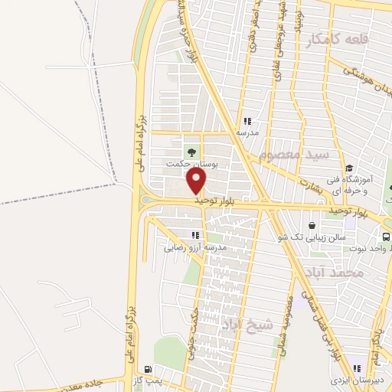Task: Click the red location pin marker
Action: (x=197, y=181)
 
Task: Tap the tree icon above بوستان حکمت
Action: (x=191, y=150)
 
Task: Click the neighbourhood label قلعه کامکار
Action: (x=330, y=40)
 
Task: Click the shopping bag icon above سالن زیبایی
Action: (x=313, y=226)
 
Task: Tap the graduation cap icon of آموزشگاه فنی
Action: (x=350, y=168)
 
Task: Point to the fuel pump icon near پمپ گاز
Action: (x=146, y=368)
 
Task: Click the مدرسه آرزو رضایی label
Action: (x=194, y=247)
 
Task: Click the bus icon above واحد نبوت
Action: (x=384, y=236)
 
